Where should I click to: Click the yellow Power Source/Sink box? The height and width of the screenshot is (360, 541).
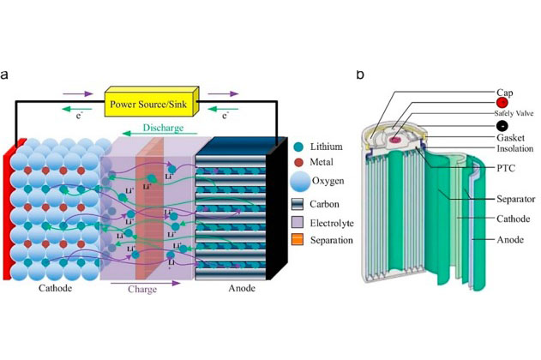click(x=151, y=104)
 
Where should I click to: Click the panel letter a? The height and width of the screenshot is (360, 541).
click(x=6, y=75)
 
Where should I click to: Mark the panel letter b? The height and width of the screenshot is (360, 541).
click(x=360, y=75)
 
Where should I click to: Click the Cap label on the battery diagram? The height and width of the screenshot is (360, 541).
click(x=505, y=92)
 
